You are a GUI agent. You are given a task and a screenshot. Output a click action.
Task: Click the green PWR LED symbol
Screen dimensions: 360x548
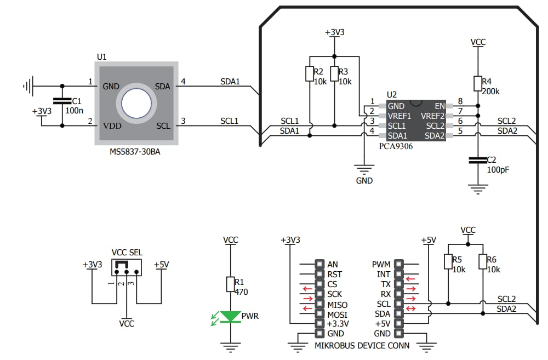point(230,317)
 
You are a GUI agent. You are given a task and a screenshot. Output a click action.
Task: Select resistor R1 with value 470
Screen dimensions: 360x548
point(230,284)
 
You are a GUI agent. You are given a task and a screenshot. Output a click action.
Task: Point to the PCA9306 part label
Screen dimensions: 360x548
point(396,146)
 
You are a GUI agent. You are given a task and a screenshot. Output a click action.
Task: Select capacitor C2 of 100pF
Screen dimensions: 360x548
point(478,160)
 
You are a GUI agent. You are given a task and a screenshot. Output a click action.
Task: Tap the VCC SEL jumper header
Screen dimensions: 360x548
point(126,267)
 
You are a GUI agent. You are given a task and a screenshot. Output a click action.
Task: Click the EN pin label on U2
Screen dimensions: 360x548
point(439,106)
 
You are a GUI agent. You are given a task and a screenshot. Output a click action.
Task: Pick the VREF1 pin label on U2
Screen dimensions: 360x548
point(399,116)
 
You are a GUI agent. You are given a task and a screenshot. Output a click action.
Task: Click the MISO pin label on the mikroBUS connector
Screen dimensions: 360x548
point(338,304)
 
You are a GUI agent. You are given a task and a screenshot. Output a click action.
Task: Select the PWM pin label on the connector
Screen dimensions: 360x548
point(381,265)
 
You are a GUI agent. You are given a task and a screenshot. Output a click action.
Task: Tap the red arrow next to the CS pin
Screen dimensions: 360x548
point(307,284)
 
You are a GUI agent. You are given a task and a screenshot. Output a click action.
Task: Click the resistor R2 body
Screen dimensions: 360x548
point(310,73)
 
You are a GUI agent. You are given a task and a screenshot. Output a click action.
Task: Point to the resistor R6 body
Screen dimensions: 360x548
point(483,262)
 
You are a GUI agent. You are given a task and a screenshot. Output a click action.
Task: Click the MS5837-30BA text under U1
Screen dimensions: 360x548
point(135,152)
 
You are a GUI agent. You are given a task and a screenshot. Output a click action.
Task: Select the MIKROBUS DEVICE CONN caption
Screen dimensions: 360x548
point(362,346)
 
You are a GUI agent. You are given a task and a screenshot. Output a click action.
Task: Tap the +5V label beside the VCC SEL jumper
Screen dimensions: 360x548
point(161,265)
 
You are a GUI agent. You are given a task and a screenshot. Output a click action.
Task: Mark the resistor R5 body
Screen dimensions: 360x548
point(448,262)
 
